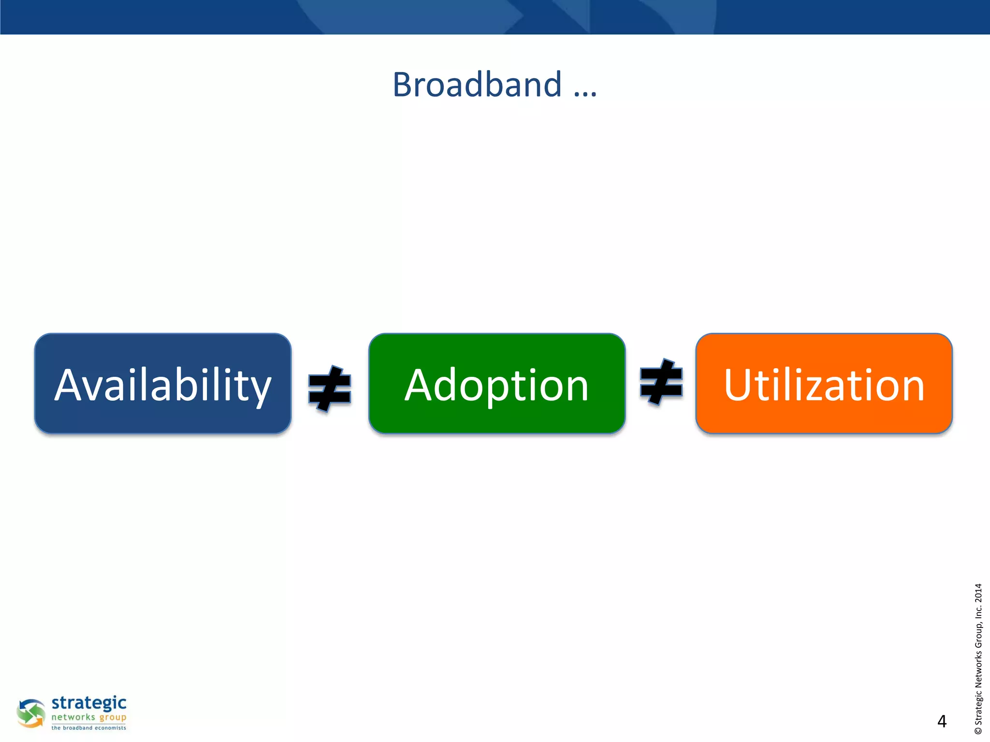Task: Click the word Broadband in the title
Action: pyautogui.click(x=477, y=85)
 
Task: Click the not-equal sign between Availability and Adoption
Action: pyautogui.click(x=330, y=389)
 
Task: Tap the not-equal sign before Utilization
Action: pyautogui.click(x=661, y=382)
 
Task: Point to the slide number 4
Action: pyautogui.click(x=942, y=721)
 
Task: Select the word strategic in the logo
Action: pyautogui.click(x=89, y=703)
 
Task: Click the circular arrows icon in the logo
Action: pyautogui.click(x=31, y=713)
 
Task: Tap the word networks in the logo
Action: pyautogui.click(x=73, y=717)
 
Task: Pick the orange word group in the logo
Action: pyautogui.click(x=113, y=718)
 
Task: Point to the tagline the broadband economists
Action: pyautogui.click(x=89, y=728)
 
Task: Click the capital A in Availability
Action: pyautogui.click(x=73, y=385)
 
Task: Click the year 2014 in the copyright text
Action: pyautogui.click(x=978, y=593)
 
